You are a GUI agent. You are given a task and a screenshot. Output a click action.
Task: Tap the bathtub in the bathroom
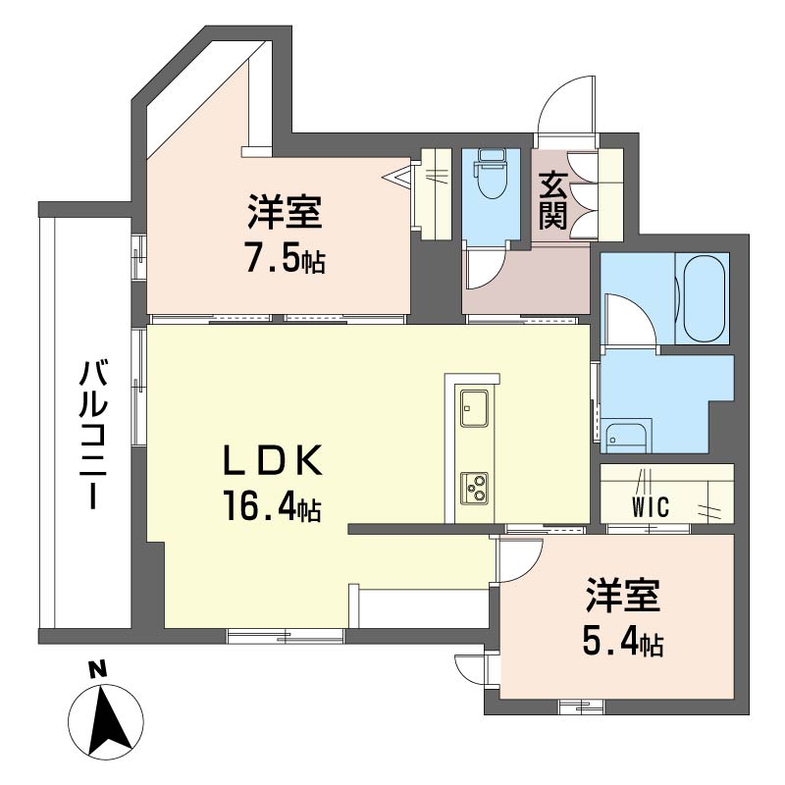click(703, 298)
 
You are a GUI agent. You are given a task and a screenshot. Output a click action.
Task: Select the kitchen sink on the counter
click(474, 407)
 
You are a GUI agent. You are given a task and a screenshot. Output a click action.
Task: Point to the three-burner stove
click(474, 488)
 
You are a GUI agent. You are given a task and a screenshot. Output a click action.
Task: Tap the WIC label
click(651, 507)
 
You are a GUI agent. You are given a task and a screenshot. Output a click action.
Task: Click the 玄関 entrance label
click(552, 200)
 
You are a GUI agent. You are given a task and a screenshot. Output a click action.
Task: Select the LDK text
click(272, 460)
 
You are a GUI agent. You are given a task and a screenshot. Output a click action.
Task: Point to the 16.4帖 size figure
click(273, 505)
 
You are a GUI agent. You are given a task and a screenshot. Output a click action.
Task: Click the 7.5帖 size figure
click(286, 257)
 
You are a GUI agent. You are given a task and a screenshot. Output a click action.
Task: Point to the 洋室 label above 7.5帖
click(285, 213)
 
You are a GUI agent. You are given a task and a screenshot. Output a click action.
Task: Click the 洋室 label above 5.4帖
click(623, 596)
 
